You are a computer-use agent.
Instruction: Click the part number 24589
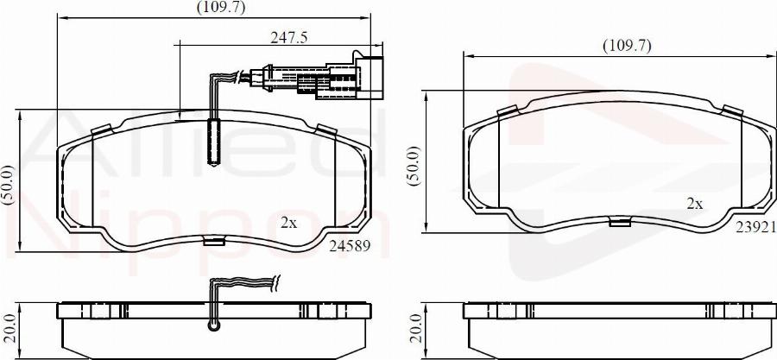[x=350, y=245]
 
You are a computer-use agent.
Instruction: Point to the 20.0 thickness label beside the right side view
[x=414, y=329]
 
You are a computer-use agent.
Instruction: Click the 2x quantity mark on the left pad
[x=289, y=222]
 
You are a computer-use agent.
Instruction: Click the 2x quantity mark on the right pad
[x=694, y=204]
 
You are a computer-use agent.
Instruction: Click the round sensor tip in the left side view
[x=214, y=325]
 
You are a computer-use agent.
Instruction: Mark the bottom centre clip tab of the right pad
[x=619, y=223]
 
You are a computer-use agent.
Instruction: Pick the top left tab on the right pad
[x=508, y=111]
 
